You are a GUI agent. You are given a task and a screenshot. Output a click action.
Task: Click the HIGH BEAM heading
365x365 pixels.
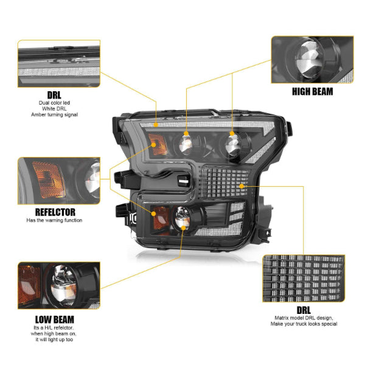click(x=311, y=92)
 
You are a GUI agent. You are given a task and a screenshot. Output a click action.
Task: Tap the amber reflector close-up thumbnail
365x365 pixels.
click(x=58, y=180)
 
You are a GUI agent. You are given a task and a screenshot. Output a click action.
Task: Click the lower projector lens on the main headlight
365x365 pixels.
click(x=182, y=221)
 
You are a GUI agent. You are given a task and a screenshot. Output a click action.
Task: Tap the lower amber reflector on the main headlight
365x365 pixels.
click(x=162, y=216)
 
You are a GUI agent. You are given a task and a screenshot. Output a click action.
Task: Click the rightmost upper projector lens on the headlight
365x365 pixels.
click(x=231, y=144)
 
